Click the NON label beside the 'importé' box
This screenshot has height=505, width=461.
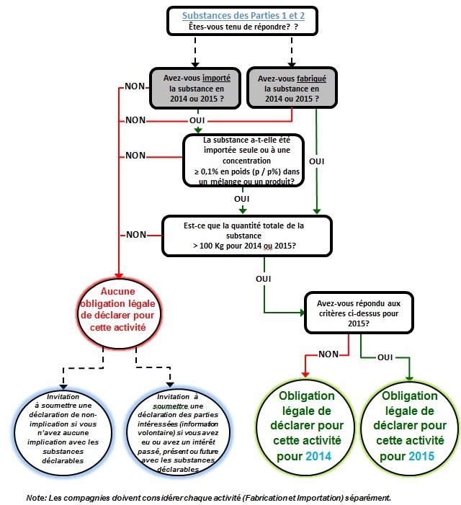click(135, 86)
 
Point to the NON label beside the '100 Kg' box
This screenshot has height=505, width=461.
click(137, 234)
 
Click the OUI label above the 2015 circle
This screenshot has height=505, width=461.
click(385, 356)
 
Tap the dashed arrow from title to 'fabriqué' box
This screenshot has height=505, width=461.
click(292, 50)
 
